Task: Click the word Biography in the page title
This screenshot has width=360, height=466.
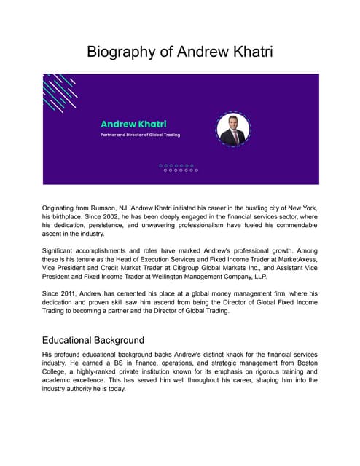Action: [122, 52]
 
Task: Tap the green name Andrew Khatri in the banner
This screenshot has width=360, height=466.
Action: [133, 124]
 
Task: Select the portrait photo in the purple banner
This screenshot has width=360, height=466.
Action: [233, 130]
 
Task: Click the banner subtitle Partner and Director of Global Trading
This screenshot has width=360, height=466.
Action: [140, 135]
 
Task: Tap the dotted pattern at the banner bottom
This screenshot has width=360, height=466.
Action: [179, 167]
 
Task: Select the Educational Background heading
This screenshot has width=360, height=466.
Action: [93, 340]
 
